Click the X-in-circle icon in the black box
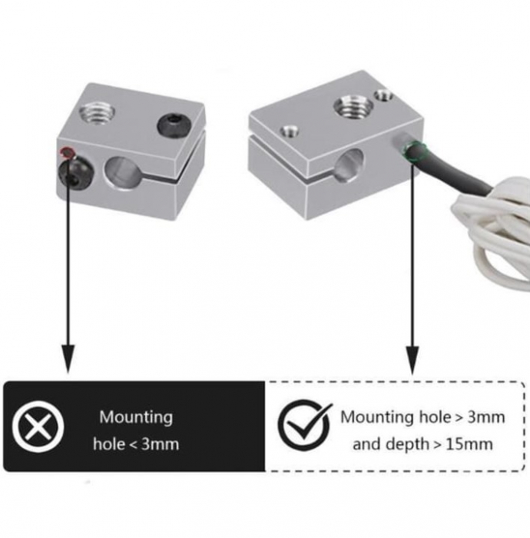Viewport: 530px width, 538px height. point(38,427)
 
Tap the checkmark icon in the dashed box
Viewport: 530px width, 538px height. point(305,425)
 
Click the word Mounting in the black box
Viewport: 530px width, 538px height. point(136,417)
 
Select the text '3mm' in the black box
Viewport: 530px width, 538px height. point(160,444)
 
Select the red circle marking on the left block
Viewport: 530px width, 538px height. point(67,151)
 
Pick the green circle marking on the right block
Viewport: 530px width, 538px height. point(415,151)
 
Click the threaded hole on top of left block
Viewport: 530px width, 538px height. point(97,112)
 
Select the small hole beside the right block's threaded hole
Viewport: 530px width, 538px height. point(383,95)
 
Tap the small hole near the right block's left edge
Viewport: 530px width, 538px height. point(290,131)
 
